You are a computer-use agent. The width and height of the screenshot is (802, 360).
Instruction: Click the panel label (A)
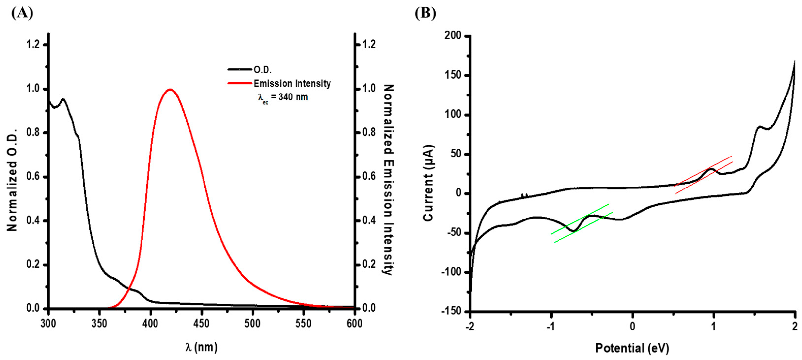22,13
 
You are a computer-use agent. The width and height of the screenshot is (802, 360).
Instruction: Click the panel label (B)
425,13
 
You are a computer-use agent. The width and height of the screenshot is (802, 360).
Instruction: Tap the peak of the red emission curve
170,90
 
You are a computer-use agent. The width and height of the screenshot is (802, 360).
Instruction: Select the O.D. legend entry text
263,70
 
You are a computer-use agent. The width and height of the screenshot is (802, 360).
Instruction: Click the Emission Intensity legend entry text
292,83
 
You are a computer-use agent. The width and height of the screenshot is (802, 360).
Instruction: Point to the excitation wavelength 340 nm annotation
283,97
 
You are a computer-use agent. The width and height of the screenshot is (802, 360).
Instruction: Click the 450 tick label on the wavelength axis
201,324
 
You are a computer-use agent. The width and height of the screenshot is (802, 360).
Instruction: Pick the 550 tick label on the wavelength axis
303,324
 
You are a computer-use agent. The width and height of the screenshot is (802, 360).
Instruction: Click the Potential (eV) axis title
632,348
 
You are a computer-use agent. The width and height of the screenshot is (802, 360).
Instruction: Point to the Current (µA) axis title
428,183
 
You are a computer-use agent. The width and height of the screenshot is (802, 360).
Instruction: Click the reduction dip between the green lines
573,231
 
